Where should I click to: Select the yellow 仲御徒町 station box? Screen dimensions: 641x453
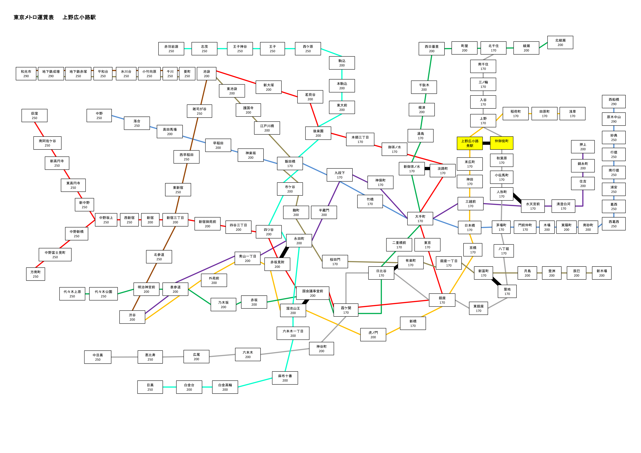pos(501,143)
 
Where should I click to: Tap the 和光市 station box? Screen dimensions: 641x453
pos(26,74)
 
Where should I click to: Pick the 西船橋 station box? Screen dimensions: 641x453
pos(614,102)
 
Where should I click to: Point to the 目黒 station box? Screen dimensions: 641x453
pos(150,387)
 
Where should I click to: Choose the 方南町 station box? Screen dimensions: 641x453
pos(35,274)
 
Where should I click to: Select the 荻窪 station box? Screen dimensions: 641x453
pos(34,116)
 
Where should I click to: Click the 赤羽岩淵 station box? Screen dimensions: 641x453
pos(171,49)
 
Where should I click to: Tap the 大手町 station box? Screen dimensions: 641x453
pos(420,218)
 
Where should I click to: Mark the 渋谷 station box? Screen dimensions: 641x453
pos(132,317)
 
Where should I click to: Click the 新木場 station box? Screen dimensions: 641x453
pos(602,273)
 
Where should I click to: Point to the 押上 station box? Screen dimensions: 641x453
pos(583,147)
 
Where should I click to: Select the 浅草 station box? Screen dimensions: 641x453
pos(572,114)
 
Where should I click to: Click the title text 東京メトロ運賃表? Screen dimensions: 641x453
pos(34,17)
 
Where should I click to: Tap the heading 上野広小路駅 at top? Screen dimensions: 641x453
pos(79,17)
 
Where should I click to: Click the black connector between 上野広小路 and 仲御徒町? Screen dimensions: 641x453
pos(486,143)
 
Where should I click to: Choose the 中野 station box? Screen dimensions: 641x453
pos(99,116)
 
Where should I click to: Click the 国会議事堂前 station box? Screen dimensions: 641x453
pos(313,293)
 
